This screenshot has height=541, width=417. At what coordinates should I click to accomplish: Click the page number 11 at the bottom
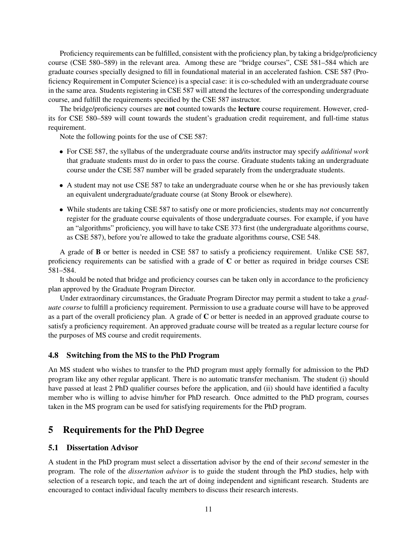(x=208, y=509)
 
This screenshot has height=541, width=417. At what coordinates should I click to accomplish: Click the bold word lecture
(x=249, y=109)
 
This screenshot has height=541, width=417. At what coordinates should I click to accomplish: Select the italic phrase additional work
(x=345, y=151)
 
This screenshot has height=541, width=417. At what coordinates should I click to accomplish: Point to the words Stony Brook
(x=230, y=194)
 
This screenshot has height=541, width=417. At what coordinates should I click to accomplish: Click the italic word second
(x=311, y=462)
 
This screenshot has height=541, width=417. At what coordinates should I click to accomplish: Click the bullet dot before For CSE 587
(x=61, y=152)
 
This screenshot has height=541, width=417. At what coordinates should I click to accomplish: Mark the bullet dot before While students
(x=61, y=210)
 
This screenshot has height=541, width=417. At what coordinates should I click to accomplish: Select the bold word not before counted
(x=169, y=109)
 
